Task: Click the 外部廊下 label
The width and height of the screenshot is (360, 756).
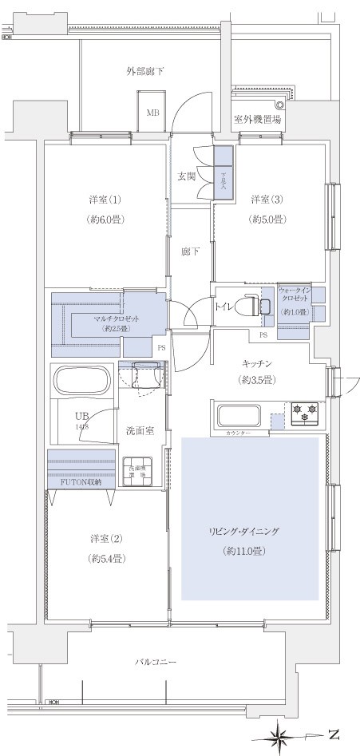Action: [x=145, y=72]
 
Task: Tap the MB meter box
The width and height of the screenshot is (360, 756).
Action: [x=152, y=112]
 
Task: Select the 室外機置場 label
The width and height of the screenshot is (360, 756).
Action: [x=257, y=120]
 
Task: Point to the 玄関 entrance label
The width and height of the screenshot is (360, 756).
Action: [x=187, y=176]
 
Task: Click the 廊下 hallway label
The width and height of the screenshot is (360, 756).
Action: [x=189, y=251]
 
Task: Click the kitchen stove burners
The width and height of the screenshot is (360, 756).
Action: [x=304, y=412]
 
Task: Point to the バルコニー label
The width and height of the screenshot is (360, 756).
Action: [x=155, y=662]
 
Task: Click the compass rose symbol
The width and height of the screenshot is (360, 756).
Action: [x=282, y=733]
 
